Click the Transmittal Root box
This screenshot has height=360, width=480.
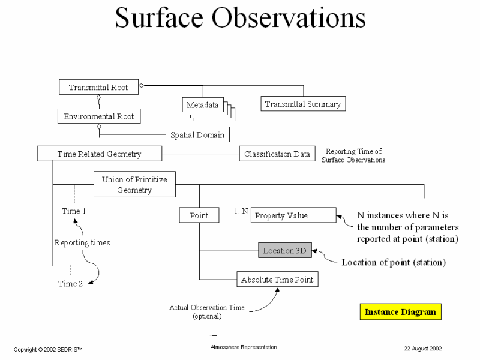(x=98, y=86)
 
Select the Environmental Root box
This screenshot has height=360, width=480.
(x=98, y=116)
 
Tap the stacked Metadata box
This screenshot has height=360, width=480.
(x=202, y=105)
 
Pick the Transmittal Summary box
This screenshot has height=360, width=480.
(x=302, y=104)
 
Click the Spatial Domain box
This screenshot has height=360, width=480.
(x=197, y=135)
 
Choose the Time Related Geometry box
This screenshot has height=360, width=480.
(x=99, y=154)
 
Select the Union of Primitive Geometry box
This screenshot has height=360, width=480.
(x=135, y=185)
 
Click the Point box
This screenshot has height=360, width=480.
(x=199, y=215)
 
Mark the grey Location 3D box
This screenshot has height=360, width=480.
(x=286, y=250)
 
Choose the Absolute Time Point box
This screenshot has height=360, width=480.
(x=277, y=280)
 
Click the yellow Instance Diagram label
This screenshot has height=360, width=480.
(x=400, y=312)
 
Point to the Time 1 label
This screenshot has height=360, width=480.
(x=74, y=211)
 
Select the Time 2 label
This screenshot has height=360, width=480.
(x=70, y=283)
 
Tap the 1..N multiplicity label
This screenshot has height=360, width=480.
(x=242, y=211)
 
